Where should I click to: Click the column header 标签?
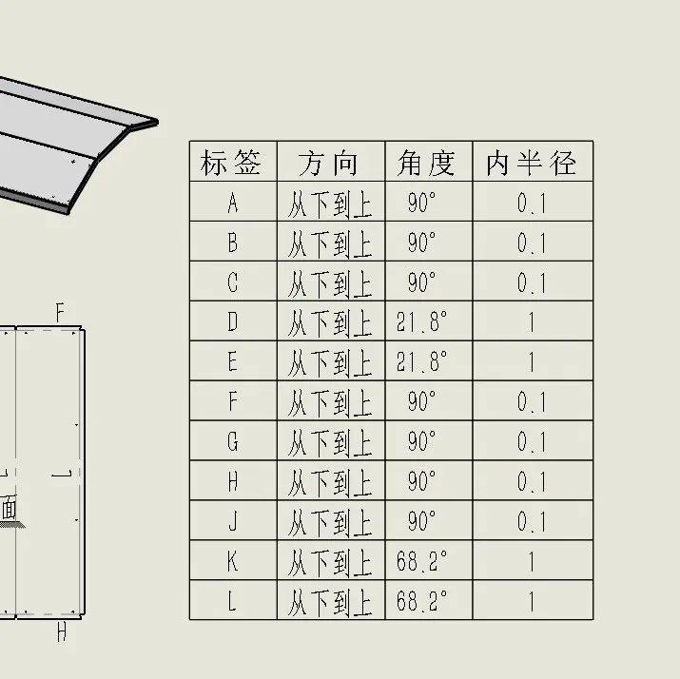click(232, 163)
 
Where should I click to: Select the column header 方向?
click(329, 163)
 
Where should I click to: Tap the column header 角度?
click(427, 163)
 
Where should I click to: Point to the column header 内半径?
click(532, 163)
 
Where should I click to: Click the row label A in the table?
click(233, 203)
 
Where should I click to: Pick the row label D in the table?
click(233, 322)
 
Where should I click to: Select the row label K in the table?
click(233, 561)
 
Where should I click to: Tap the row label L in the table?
click(233, 601)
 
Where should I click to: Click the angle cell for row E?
click(421, 362)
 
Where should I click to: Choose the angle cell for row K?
click(421, 561)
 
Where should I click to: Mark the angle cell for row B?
click(421, 242)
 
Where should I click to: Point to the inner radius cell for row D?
click(532, 322)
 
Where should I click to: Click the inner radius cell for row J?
click(532, 521)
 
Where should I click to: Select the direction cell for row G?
click(330, 442)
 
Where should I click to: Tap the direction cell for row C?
click(330, 282)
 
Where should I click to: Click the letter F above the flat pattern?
click(60, 313)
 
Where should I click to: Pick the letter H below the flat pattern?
click(61, 632)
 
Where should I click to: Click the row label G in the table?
click(233, 442)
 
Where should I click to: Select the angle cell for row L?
click(421, 601)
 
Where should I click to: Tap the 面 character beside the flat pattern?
click(9, 508)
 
